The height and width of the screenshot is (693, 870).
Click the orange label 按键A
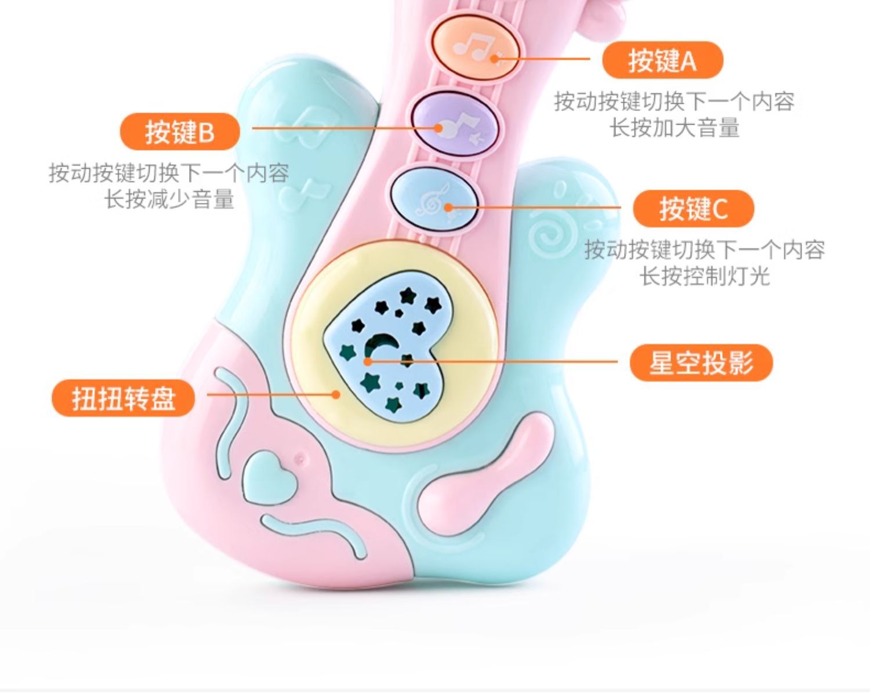pyautogui.click(x=662, y=60)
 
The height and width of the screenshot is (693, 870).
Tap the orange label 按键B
pyautogui.click(x=180, y=132)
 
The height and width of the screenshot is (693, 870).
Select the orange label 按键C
pyautogui.click(x=693, y=208)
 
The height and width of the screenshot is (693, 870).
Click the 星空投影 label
pyautogui.click(x=701, y=363)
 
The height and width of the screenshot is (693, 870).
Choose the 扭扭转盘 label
pyautogui.click(x=123, y=398)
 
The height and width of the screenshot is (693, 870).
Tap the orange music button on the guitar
pyautogui.click(x=474, y=47)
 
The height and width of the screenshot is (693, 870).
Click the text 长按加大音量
pyautogui.click(x=675, y=128)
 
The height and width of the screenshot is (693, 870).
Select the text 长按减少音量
pyautogui.click(x=169, y=199)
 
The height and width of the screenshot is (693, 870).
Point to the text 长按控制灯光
pyautogui.click(x=704, y=276)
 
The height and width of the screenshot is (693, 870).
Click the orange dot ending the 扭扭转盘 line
pyautogui.click(x=336, y=394)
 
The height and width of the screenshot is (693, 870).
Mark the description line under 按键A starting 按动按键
pyautogui.click(x=674, y=101)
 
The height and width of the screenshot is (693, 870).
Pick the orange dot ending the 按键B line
pyautogui.click(x=439, y=128)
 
